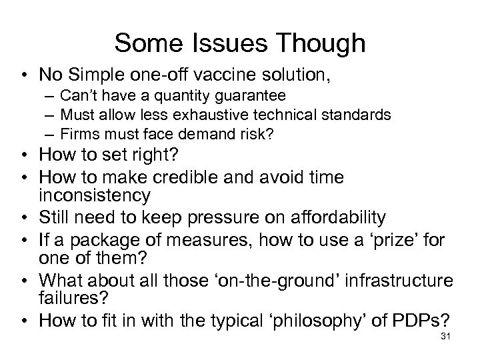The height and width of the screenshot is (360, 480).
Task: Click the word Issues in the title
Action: pos(222,43)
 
